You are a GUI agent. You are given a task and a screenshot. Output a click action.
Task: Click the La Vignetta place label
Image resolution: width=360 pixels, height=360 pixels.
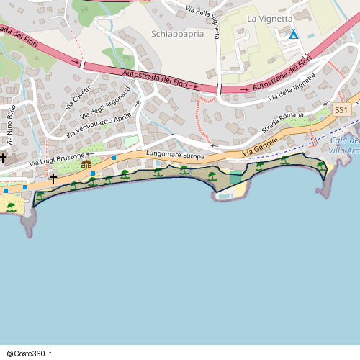pos(270,18)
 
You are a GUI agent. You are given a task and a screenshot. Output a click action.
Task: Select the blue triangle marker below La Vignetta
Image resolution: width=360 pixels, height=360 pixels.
pos(293,34)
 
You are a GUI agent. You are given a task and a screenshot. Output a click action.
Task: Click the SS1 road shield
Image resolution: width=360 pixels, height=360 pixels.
pos(341,109)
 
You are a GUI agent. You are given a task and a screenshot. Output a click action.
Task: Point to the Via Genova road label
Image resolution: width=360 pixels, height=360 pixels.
pos(258,149)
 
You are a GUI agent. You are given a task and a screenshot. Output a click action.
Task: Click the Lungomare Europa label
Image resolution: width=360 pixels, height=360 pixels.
pos(175,155)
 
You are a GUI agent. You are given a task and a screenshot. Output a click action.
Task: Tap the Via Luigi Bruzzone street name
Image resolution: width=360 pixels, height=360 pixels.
pos(58,161)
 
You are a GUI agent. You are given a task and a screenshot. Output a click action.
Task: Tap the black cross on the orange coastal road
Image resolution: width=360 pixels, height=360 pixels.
pos(53,177)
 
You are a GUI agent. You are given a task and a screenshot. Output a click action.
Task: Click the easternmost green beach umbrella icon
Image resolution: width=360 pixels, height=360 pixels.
pos(321,166)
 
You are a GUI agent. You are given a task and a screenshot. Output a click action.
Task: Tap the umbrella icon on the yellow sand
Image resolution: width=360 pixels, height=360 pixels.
pos(11,207)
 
